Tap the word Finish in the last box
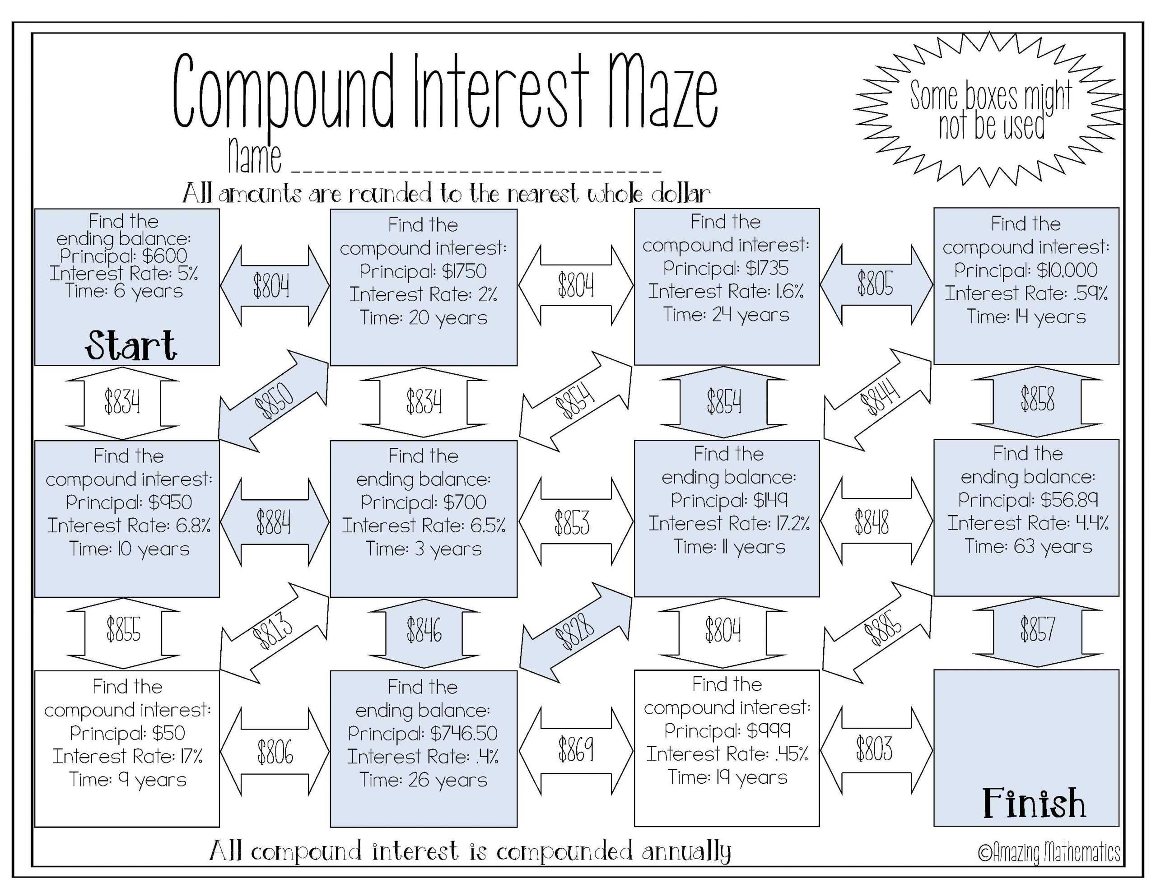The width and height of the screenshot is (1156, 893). tap(1034, 803)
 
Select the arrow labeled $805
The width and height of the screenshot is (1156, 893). tap(876, 284)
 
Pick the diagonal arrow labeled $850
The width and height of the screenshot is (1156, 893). tap(273, 401)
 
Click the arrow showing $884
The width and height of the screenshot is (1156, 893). tap(274, 522)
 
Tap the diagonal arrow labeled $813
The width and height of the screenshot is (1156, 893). tap(273, 631)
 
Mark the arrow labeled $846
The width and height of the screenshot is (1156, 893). tap(424, 632)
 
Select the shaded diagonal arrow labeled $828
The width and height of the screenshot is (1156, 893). tap(576, 631)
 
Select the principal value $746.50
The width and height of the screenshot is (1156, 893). tap(464, 734)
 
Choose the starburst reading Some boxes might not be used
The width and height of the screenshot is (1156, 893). tap(990, 110)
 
